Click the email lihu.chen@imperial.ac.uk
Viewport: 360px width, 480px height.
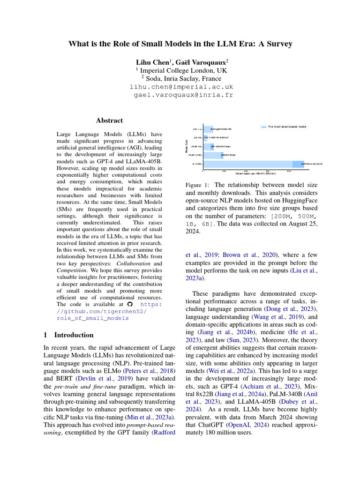pyautogui.click(x=181, y=87)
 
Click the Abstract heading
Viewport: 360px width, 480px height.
pyautogui.click(x=109, y=120)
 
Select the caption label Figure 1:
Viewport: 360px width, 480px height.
pyautogui.click(x=198, y=186)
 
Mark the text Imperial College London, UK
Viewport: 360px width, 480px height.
pyautogui.click(x=180, y=70)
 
